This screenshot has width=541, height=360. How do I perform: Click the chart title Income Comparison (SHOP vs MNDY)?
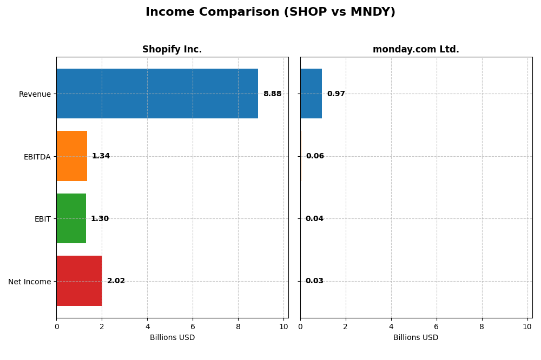tap(270, 12)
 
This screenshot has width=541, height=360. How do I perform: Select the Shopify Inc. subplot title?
tap(172, 49)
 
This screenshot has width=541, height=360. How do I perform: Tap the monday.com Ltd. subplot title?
tap(415, 49)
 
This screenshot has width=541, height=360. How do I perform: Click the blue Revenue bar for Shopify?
tap(157, 94)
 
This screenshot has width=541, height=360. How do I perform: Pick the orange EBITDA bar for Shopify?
tap(71, 156)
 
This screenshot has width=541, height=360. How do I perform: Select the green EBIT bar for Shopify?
tap(71, 218)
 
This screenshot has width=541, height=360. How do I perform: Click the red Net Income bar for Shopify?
tap(79, 281)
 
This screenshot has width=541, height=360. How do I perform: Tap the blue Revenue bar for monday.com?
tap(311, 94)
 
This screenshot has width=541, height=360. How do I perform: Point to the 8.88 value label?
tap(272, 94)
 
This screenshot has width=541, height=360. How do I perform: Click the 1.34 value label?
tap(101, 156)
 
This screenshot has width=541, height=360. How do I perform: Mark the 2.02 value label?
tap(116, 281)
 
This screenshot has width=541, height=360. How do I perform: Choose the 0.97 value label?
tap(336, 94)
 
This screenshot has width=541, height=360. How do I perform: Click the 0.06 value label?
tap(315, 156)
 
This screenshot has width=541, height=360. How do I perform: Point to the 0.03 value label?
tap(314, 281)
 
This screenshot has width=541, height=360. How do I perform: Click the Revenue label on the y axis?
tap(35, 94)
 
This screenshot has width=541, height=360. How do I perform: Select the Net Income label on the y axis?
tap(29, 281)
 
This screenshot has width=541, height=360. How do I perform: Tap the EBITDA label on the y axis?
tap(37, 157)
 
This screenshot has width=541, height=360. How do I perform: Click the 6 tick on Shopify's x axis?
tap(193, 326)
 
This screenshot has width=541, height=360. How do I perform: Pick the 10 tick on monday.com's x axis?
tap(527, 326)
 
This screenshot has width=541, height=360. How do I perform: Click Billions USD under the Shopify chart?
tap(172, 337)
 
